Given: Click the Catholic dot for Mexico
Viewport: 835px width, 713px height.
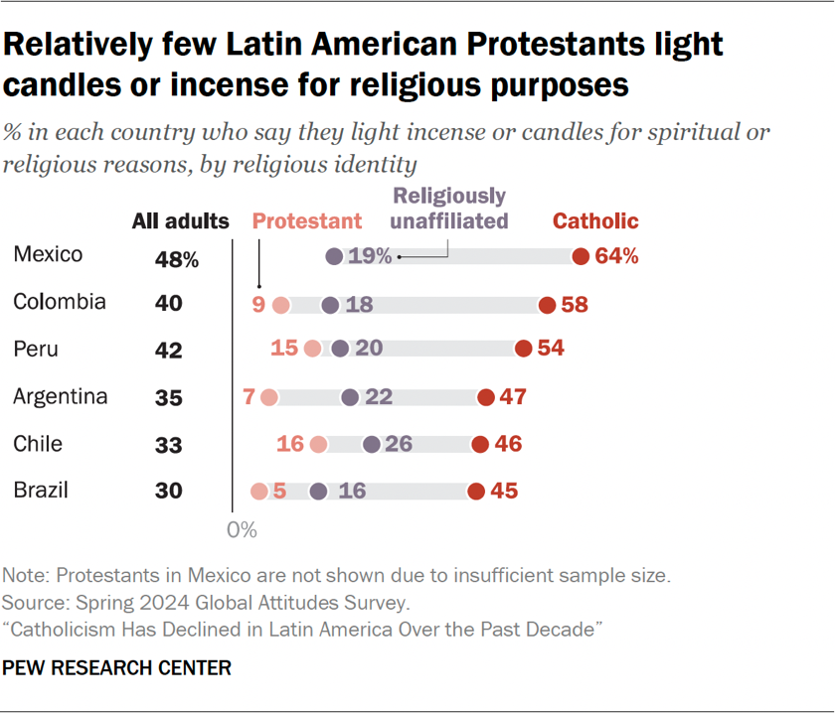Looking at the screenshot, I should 581,257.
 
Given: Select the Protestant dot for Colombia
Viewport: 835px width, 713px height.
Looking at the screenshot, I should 280,305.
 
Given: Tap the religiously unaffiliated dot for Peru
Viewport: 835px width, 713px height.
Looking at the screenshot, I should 341,349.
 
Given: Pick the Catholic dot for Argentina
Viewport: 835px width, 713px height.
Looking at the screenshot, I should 485,397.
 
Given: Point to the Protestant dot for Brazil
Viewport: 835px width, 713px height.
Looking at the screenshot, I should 259,491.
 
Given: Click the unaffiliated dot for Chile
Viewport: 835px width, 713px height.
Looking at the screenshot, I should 372,444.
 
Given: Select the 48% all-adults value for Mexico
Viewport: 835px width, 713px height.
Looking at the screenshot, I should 176,259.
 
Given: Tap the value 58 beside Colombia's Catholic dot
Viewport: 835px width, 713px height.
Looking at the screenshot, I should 575,305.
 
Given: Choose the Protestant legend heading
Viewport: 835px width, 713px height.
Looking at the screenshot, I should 307,221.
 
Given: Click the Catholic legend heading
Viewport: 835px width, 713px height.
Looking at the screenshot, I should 595,221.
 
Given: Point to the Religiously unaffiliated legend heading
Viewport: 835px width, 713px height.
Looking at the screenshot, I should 449,209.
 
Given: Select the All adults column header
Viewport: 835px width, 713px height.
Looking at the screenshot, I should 180,221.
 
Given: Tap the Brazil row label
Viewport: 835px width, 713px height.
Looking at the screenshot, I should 41,490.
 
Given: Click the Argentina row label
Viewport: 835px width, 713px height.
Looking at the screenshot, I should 61,397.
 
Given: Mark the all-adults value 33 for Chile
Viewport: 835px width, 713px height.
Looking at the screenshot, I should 168,444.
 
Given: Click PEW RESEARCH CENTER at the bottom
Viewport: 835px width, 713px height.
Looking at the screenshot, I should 117,668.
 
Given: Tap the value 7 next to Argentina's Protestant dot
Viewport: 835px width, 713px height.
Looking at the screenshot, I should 249,397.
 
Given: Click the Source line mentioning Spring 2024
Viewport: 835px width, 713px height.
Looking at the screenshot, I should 206,602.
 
